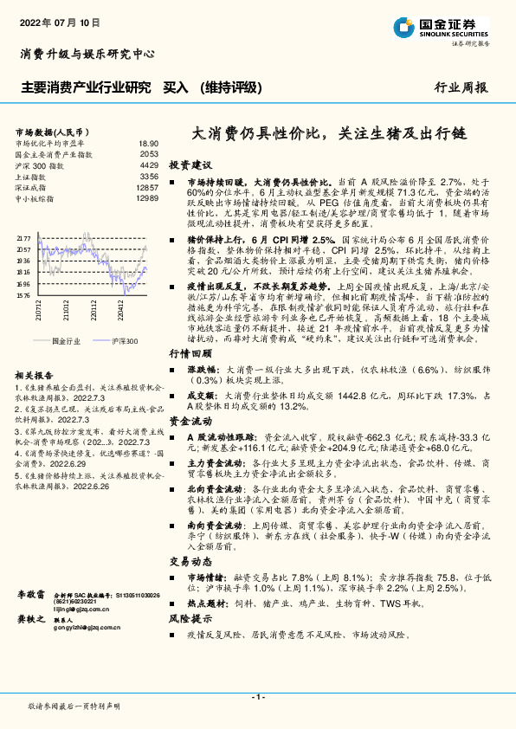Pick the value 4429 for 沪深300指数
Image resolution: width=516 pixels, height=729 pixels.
point(148,165)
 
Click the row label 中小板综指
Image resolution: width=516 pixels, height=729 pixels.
point(41,198)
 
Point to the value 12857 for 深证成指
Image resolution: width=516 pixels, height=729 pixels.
point(147,187)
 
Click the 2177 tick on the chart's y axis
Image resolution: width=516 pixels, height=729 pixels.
point(23,237)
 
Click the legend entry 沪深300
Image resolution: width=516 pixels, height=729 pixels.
point(126,342)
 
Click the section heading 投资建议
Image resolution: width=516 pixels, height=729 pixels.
point(190,165)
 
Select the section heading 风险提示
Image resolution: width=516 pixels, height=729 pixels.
point(190,619)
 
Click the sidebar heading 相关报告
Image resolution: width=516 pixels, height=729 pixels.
point(35,375)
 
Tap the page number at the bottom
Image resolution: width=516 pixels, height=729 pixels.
point(257,697)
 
